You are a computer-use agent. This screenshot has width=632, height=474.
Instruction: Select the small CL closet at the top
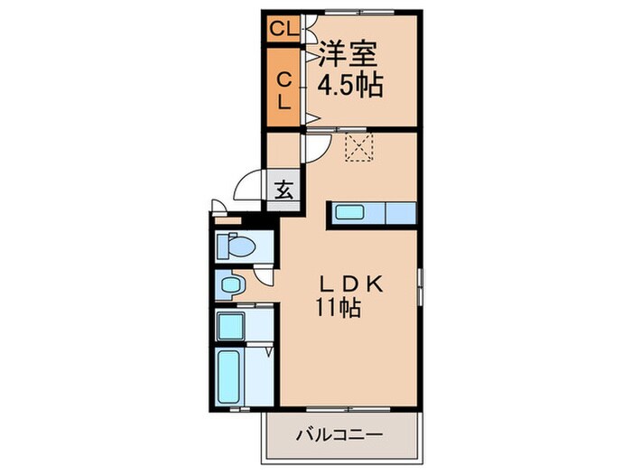click(283, 28)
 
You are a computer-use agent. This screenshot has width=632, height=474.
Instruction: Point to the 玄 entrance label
click(283, 191)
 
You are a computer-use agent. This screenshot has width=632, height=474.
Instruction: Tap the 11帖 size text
click(339, 309)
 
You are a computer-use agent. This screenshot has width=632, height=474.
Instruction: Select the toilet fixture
click(237, 245)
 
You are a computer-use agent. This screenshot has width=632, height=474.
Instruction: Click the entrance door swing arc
click(247, 186)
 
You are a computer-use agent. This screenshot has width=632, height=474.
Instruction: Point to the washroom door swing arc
click(263, 280)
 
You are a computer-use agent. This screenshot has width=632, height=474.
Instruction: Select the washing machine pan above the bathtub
click(232, 324)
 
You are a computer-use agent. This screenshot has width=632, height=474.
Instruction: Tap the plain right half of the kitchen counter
click(400, 214)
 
